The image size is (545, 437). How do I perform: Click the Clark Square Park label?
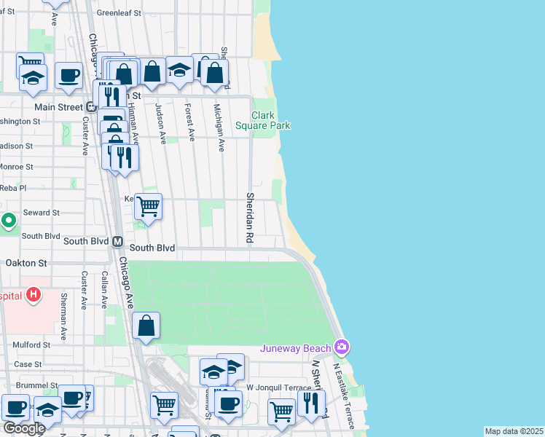[x=262, y=120]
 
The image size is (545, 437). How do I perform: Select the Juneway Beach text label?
[x=295, y=347]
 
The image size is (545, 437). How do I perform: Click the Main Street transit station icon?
[x=91, y=107]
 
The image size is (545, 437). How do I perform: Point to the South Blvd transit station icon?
[x=118, y=241]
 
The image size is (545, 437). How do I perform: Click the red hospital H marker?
[x=33, y=296]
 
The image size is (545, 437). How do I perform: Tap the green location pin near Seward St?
[x=8, y=219]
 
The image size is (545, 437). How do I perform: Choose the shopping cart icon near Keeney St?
[x=148, y=207]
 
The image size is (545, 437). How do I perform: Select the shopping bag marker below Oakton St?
[x=146, y=326]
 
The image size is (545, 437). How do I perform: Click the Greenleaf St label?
[x=118, y=13]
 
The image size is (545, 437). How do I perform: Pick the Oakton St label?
[x=26, y=262]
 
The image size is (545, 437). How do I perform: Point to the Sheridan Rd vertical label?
[x=249, y=219]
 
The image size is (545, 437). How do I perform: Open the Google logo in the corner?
[x=23, y=428]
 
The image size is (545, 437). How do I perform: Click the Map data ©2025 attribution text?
[x=514, y=431]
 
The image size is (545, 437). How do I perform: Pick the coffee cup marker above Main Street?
[x=68, y=76]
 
